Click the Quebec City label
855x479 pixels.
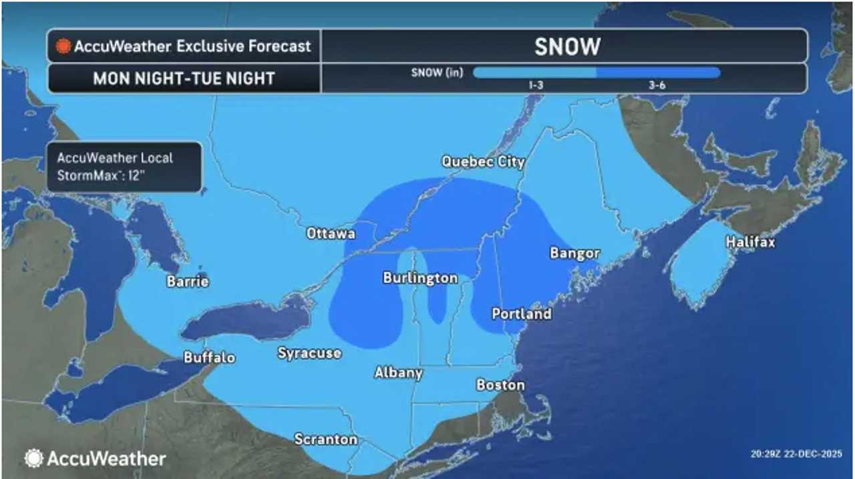point(483,161)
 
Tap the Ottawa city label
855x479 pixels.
point(331,233)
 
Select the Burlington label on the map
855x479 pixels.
point(420,278)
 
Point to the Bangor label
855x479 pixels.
point(574,254)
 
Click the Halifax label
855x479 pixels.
point(750,242)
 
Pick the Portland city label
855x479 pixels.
point(522,314)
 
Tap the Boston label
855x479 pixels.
point(500,385)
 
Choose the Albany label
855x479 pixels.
point(398,373)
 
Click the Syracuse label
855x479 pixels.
point(309,353)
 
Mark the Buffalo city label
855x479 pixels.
point(210,358)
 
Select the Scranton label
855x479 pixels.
point(326,440)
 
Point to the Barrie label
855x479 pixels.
point(188,282)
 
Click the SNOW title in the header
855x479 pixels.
point(567,46)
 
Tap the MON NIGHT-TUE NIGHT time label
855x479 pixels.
point(184,78)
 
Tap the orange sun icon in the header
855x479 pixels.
point(63,47)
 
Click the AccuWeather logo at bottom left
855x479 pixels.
point(96,458)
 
